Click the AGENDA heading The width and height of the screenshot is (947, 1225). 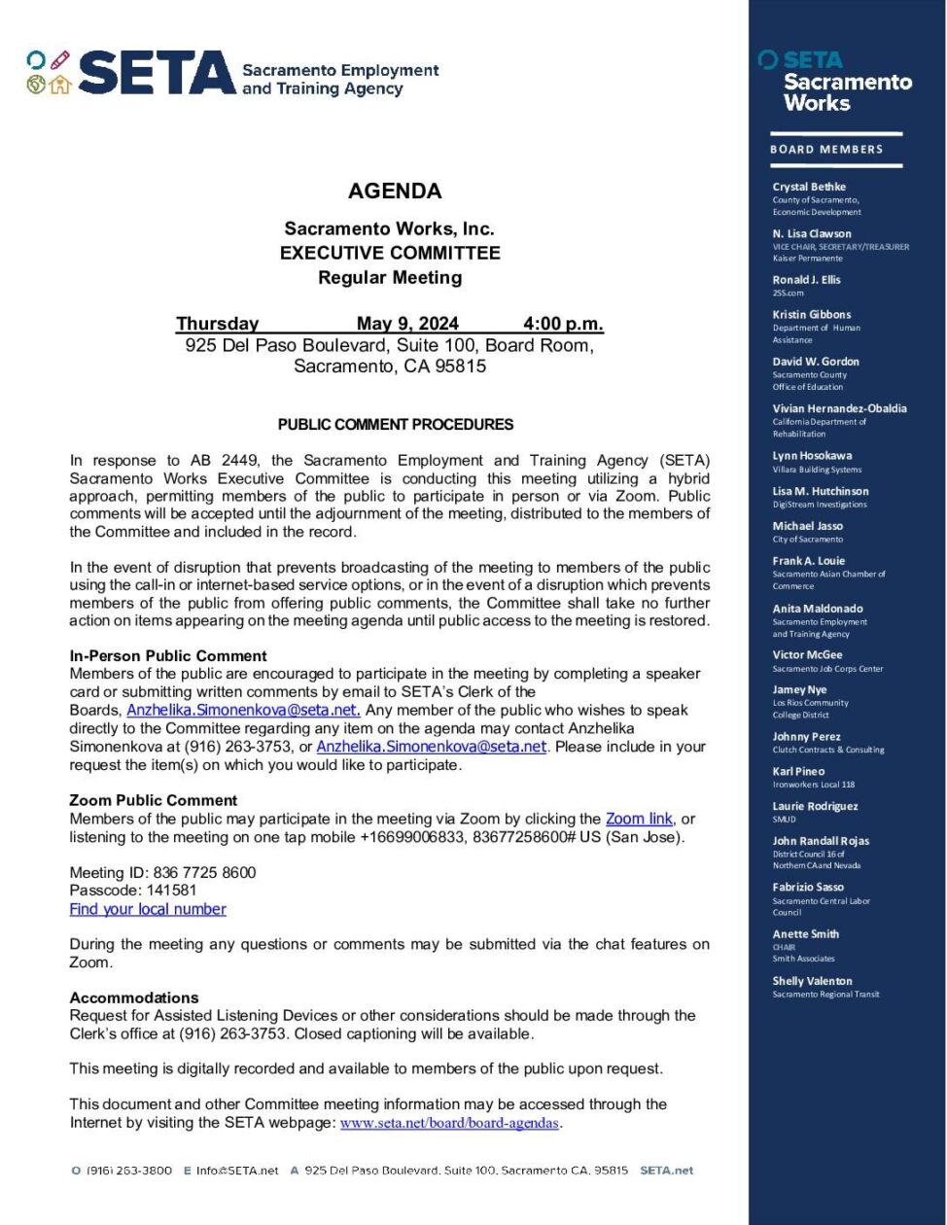click(395, 191)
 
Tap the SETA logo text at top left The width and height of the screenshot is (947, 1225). click(156, 73)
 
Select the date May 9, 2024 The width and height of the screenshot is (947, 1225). click(407, 324)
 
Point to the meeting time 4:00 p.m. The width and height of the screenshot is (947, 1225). click(563, 324)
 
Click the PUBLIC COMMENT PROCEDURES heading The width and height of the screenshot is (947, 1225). click(396, 425)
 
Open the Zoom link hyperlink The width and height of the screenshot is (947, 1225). click(639, 819)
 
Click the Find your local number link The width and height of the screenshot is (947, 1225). click(148, 909)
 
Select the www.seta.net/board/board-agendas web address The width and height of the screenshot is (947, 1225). click(449, 1123)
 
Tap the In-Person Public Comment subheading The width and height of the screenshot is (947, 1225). click(168, 656)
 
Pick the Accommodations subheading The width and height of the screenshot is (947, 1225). click(134, 997)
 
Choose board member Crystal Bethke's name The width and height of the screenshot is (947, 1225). click(809, 187)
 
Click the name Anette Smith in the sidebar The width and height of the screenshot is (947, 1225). click(805, 934)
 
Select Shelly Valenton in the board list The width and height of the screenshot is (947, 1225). click(812, 981)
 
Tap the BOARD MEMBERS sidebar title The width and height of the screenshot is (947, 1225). click(826, 150)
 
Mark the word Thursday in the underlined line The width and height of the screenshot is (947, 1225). click(218, 324)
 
